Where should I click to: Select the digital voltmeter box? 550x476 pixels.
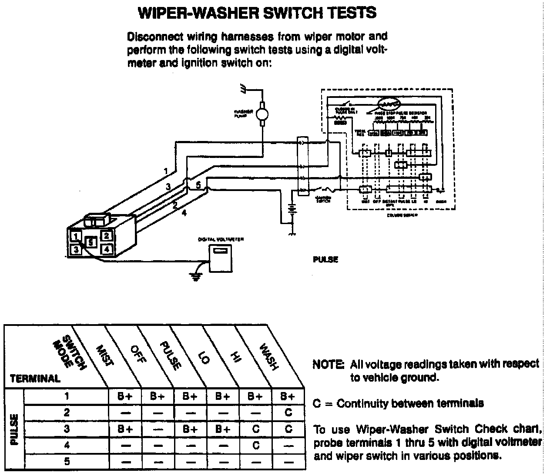220,258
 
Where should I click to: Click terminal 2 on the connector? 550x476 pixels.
107,236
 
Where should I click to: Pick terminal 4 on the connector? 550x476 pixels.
107,249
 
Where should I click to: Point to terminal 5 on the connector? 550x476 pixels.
91,241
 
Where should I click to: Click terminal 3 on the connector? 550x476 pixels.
76,249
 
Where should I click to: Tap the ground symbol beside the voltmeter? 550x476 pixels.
196,274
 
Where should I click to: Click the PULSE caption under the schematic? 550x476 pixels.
325,260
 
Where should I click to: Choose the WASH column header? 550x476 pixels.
268,357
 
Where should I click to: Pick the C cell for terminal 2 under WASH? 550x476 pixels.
288,412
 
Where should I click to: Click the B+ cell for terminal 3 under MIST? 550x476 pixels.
124,429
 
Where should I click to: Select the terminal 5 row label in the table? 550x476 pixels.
67,461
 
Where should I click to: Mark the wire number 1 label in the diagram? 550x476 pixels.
166,171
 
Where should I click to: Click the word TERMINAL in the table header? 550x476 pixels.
35,379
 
